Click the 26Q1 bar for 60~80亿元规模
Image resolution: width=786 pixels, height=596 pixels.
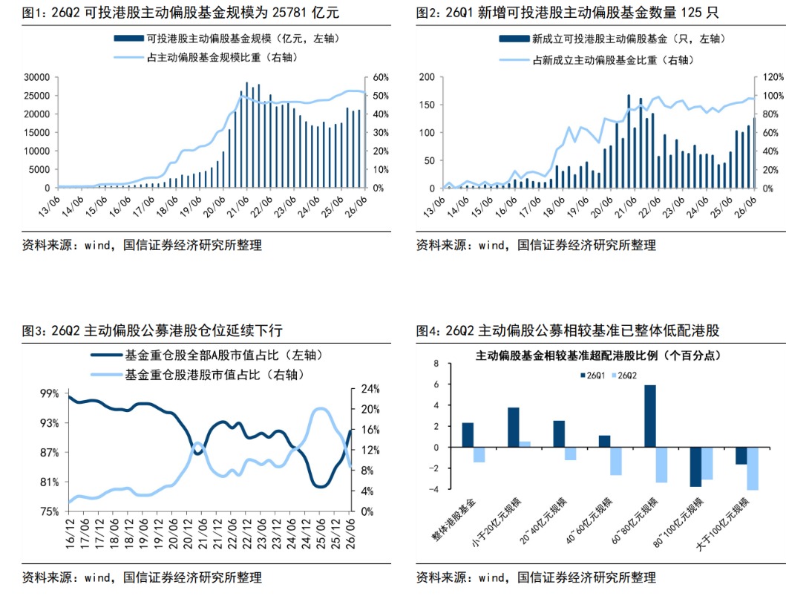click(649, 416)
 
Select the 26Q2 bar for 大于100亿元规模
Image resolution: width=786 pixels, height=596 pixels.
click(753, 468)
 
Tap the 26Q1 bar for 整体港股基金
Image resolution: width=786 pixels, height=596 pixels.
click(468, 435)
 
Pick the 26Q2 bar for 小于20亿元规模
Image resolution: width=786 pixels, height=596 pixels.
click(524, 444)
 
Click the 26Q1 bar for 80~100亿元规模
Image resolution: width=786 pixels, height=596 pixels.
click(695, 467)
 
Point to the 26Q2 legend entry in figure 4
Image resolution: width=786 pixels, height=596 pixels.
click(624, 376)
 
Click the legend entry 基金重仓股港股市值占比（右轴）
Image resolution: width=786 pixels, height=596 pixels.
click(197, 374)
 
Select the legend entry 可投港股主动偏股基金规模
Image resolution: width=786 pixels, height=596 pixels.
click(226, 39)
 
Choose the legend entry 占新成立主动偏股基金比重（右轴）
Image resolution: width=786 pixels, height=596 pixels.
click(597, 60)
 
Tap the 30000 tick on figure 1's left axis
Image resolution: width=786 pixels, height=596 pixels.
click(36, 77)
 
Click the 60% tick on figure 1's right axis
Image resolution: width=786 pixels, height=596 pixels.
click(381, 77)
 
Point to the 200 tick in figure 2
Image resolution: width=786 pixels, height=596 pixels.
click(427, 77)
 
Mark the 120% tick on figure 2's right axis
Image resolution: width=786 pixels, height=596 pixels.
click(773, 77)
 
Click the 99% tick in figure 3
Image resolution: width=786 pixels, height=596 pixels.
click(50, 393)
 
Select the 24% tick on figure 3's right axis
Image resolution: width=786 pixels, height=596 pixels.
click(370, 389)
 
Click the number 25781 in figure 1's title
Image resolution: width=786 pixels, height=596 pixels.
click(289, 12)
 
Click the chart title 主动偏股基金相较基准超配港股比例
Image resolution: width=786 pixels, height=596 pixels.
click(566, 356)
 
